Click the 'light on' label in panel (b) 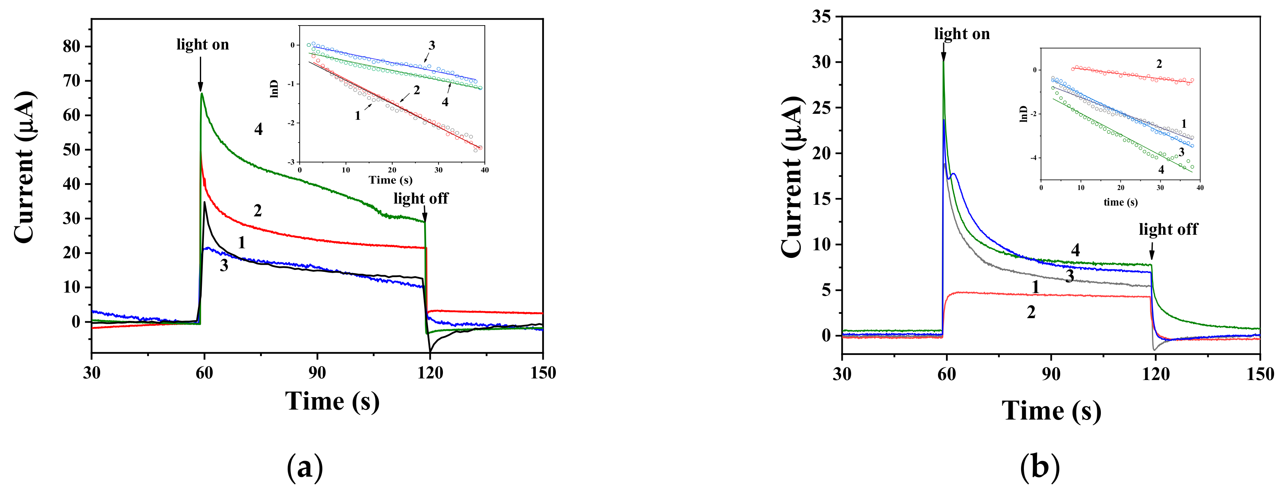coord(962,34)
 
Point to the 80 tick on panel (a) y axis coord(71,46)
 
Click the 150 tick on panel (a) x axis coord(543,372)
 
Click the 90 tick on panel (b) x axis coord(1051,374)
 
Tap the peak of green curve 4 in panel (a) coord(201,93)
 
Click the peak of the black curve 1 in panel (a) coord(205,202)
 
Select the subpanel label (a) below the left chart coord(304,467)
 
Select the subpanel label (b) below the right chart coord(1039,467)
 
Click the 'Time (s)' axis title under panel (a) coord(332,402)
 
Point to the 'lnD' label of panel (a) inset coord(274,89)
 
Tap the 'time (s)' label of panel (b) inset coord(1120,202)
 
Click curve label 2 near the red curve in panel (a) coord(257,210)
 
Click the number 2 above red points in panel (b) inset coord(1159,63)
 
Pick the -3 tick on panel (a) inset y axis coord(291,162)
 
